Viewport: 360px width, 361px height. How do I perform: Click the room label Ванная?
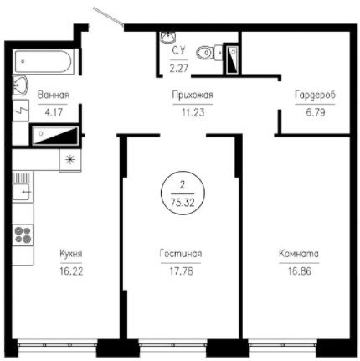click(x=53, y=95)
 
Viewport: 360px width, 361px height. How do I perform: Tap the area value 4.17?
click(x=54, y=112)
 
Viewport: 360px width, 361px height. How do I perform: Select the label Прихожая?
click(x=193, y=95)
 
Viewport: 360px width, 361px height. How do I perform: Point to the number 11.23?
click(x=193, y=112)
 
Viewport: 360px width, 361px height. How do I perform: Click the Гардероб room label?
click(x=315, y=95)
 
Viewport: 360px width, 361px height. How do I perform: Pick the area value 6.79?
click(x=316, y=112)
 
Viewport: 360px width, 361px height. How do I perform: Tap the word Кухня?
click(x=71, y=254)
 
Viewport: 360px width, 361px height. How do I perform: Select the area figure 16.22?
click(x=71, y=271)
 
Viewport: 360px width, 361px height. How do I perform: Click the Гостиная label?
click(x=181, y=254)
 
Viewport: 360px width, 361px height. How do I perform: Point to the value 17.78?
click(x=182, y=271)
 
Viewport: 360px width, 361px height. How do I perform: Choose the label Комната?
click(x=299, y=254)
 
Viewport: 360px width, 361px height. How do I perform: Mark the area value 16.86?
click(x=300, y=271)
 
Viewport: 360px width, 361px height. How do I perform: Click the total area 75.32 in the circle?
click(x=183, y=202)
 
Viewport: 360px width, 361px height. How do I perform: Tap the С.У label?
click(x=178, y=51)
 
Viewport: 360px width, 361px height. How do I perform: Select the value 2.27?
click(x=179, y=68)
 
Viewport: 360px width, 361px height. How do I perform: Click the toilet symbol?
click(x=208, y=53)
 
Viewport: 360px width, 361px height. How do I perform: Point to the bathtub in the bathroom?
click(x=44, y=61)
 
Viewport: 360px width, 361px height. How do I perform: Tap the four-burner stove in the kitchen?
click(x=23, y=235)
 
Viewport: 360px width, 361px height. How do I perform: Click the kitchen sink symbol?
click(x=22, y=192)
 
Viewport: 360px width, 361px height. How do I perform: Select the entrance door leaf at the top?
click(x=108, y=17)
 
